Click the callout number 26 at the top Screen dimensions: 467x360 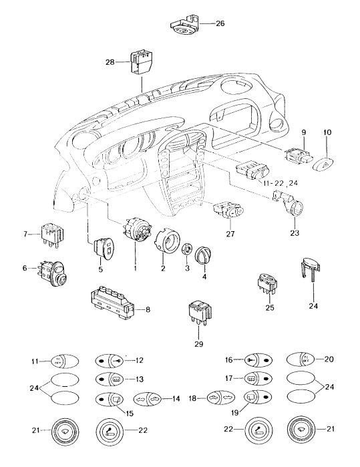pos(220,23)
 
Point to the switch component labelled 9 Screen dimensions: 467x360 pos(295,157)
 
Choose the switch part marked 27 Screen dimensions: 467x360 pos(225,211)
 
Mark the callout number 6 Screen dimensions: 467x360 pos(25,269)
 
